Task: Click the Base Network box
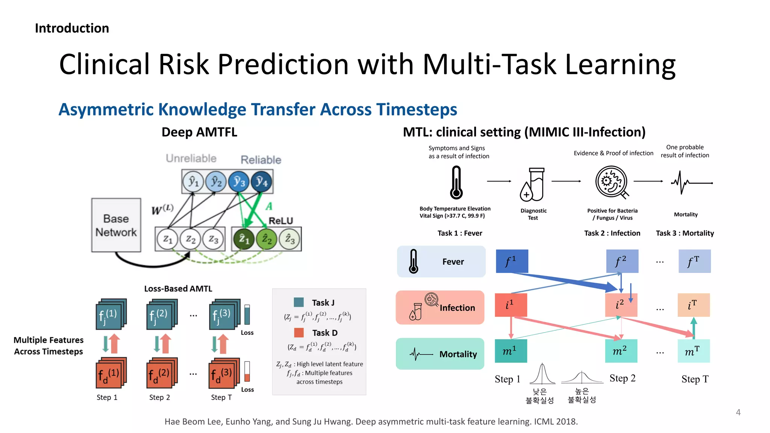(x=116, y=225)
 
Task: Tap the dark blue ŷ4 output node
(x=261, y=182)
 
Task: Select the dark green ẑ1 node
(x=244, y=239)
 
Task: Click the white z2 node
(x=191, y=239)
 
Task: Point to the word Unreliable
(x=191, y=158)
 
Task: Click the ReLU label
(x=280, y=221)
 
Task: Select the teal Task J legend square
(x=299, y=302)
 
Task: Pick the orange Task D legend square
(x=299, y=333)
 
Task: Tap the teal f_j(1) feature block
(x=109, y=315)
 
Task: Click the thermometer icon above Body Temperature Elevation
(x=456, y=183)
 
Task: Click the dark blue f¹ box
(x=512, y=261)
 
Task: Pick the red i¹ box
(x=511, y=305)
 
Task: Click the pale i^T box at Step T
(x=693, y=305)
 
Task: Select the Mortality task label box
(x=440, y=354)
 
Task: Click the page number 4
(x=738, y=412)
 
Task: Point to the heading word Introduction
(x=72, y=28)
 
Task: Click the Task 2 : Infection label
(x=612, y=233)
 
